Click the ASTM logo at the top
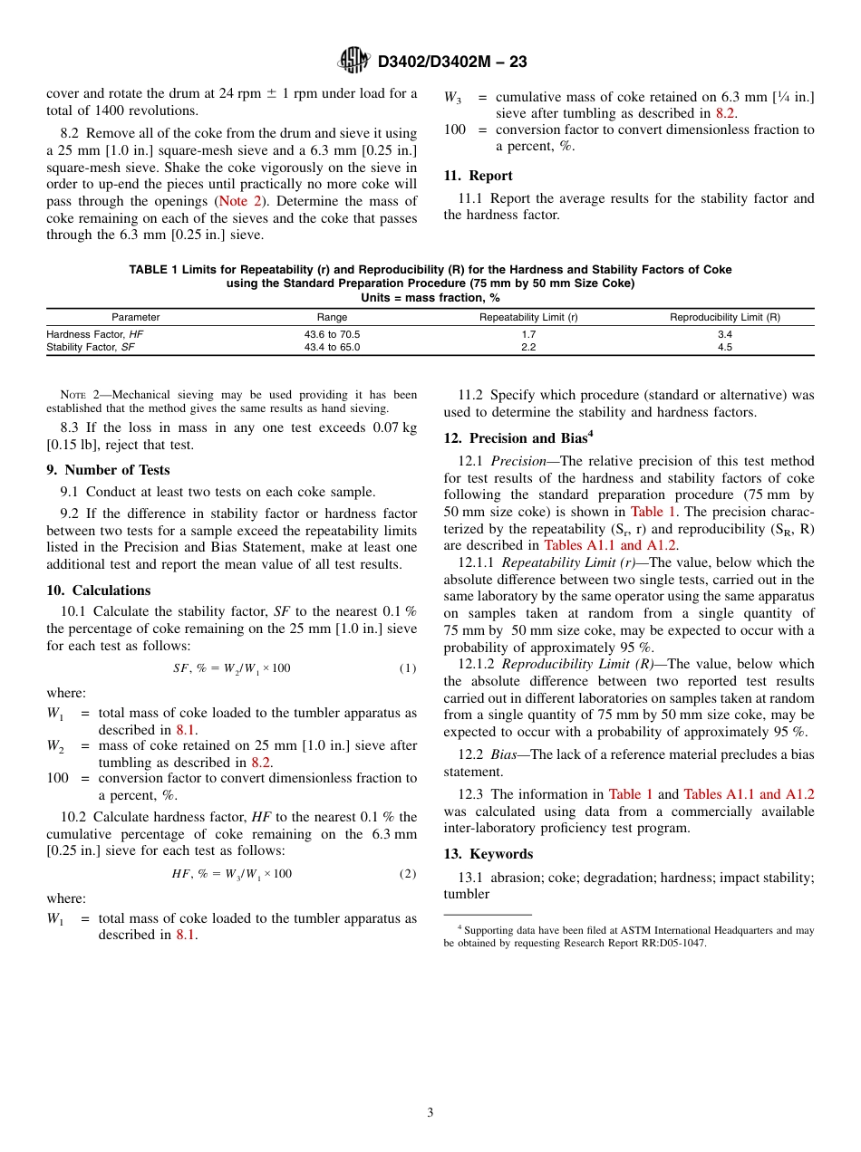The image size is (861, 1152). coord(353,61)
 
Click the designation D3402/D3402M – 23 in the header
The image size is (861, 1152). coord(451,62)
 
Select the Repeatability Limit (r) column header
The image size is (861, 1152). coord(528,317)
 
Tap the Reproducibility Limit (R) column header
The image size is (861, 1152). coord(724,317)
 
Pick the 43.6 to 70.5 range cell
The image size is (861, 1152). coord(332,334)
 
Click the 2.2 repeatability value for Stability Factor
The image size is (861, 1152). coord(528,347)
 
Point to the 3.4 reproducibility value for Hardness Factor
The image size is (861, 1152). coord(724,334)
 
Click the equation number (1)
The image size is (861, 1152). coord(408,668)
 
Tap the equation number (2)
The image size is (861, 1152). coord(408,874)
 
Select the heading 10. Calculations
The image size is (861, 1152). coord(98,590)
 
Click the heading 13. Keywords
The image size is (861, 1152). coord(488,854)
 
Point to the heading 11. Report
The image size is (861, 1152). coord(478,176)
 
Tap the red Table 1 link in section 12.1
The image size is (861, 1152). coord(653,512)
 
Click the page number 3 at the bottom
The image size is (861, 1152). coord(430,1113)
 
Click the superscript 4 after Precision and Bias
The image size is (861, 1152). coord(591,434)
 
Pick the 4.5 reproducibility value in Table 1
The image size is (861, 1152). coord(724,347)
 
